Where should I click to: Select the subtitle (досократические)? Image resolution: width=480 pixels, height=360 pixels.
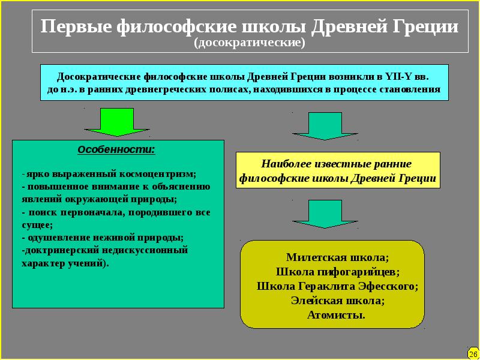pyautogui.click(x=249, y=44)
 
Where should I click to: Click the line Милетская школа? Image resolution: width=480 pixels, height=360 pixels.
pyautogui.click(x=338, y=258)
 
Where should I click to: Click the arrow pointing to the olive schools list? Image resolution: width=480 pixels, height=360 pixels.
pyautogui.click(x=324, y=214)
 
